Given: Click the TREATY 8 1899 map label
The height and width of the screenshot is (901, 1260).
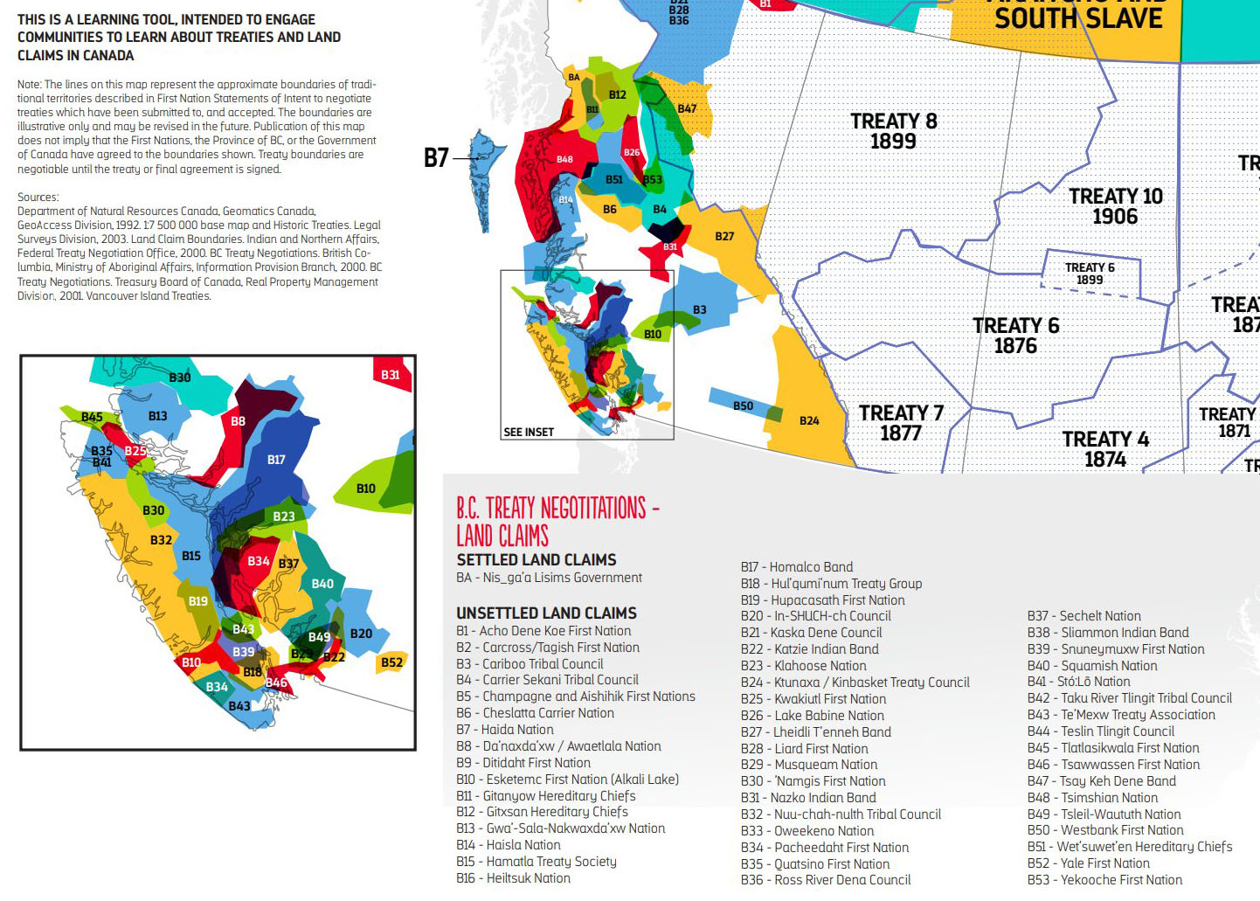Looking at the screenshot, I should [x=893, y=131].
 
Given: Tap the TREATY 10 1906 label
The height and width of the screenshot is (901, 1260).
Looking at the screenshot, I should [x=1115, y=206].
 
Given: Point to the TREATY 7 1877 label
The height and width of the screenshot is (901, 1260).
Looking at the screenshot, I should [x=901, y=423].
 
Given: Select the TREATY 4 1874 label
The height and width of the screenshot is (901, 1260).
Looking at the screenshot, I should [x=1105, y=449].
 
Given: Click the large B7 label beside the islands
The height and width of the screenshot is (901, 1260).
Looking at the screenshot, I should [x=436, y=157].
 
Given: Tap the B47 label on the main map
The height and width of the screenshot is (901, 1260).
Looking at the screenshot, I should [x=687, y=108].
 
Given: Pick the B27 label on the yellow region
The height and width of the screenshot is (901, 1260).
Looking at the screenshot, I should [x=724, y=237].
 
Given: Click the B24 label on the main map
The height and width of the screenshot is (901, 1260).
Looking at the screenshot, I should [x=809, y=421].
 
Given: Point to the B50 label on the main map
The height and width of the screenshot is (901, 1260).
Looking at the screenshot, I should [x=743, y=406].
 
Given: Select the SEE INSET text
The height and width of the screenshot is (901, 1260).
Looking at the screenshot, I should [x=529, y=432].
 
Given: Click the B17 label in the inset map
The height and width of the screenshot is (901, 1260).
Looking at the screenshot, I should [x=276, y=460].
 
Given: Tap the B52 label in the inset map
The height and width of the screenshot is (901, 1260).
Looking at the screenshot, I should [x=391, y=662].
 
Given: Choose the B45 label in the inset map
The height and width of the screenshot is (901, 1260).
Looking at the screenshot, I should [x=92, y=417].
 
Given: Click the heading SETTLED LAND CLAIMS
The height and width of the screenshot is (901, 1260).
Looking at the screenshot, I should [x=536, y=560].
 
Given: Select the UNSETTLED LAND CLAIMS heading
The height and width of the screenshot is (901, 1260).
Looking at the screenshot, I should [x=546, y=613].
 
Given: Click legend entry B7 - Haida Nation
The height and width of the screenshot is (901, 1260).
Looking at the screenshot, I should [x=504, y=730].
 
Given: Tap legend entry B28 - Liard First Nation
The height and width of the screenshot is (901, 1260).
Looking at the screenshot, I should [x=804, y=749].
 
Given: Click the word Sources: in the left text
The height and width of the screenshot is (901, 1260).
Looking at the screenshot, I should [x=38, y=198].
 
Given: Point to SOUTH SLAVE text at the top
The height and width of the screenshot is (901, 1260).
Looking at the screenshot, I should [x=1078, y=19].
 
